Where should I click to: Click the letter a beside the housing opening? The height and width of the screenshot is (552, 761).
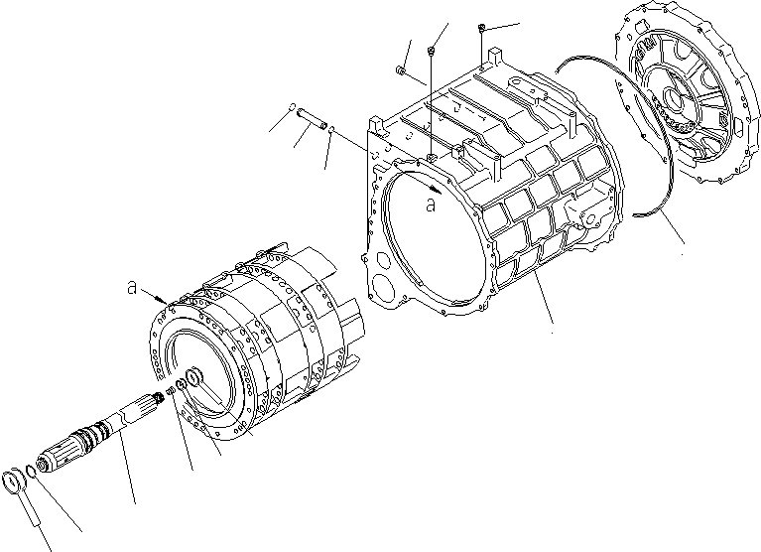tap(430, 206)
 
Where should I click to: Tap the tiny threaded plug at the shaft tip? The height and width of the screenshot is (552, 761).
tap(170, 393)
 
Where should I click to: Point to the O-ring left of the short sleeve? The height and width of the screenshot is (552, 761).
tap(291, 108)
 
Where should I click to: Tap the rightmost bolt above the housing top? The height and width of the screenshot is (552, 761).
tap(481, 28)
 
